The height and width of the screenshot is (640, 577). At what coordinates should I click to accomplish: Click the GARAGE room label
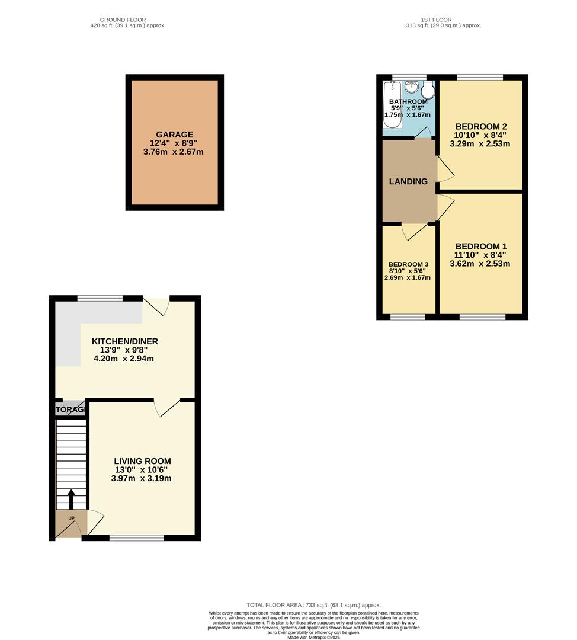click(x=174, y=135)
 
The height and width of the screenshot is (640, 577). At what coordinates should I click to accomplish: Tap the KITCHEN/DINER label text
click(x=124, y=341)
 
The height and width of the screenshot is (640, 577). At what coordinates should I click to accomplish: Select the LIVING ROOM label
click(x=142, y=461)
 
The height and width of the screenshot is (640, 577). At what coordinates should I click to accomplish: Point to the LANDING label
click(x=408, y=181)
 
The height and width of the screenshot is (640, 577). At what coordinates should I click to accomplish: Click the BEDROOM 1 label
click(x=480, y=247)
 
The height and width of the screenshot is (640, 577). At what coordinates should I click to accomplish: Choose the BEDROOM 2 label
click(x=480, y=126)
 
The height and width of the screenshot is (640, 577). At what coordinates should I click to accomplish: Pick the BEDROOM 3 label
click(x=408, y=264)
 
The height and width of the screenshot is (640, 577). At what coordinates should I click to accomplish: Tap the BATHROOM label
click(x=408, y=102)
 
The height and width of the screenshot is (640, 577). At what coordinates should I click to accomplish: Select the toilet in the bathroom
click(x=428, y=90)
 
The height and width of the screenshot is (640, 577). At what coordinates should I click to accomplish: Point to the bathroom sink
click(x=412, y=88)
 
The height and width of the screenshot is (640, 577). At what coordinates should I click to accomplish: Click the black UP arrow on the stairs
click(x=71, y=499)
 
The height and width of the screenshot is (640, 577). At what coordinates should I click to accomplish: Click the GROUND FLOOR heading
click(x=123, y=20)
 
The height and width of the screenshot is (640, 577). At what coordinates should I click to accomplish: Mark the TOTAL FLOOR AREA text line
click(x=313, y=604)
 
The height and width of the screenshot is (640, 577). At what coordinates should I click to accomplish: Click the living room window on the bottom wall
click(x=137, y=537)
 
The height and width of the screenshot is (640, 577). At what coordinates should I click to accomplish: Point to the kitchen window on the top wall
click(x=100, y=298)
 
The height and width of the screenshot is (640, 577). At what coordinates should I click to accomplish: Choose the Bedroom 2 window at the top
click(x=480, y=77)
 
